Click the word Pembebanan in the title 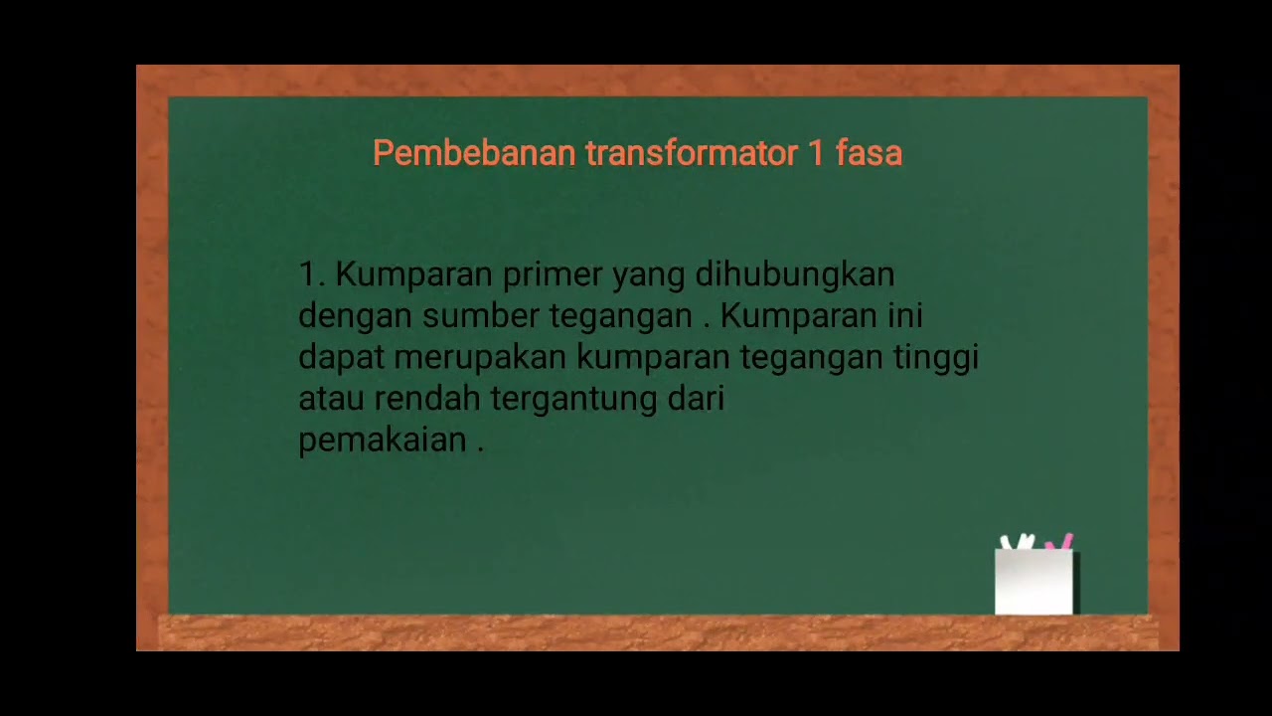(474, 153)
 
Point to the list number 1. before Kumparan (312, 274)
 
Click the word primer (553, 274)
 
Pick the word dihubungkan (794, 274)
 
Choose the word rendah (427, 399)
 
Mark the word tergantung (573, 400)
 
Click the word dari (696, 399)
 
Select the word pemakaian (382, 441)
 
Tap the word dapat (341, 358)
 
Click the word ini (905, 316)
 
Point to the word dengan (355, 317)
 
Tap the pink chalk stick (1061, 543)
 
